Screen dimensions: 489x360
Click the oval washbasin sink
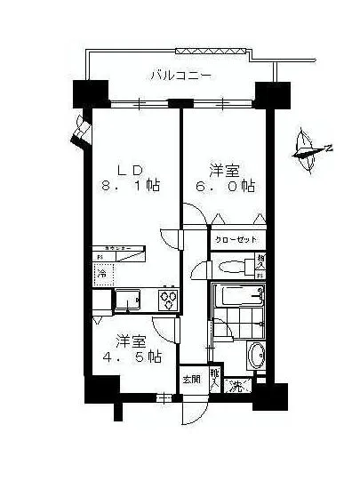(x=255, y=357)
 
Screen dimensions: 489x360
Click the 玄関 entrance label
(x=191, y=379)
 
